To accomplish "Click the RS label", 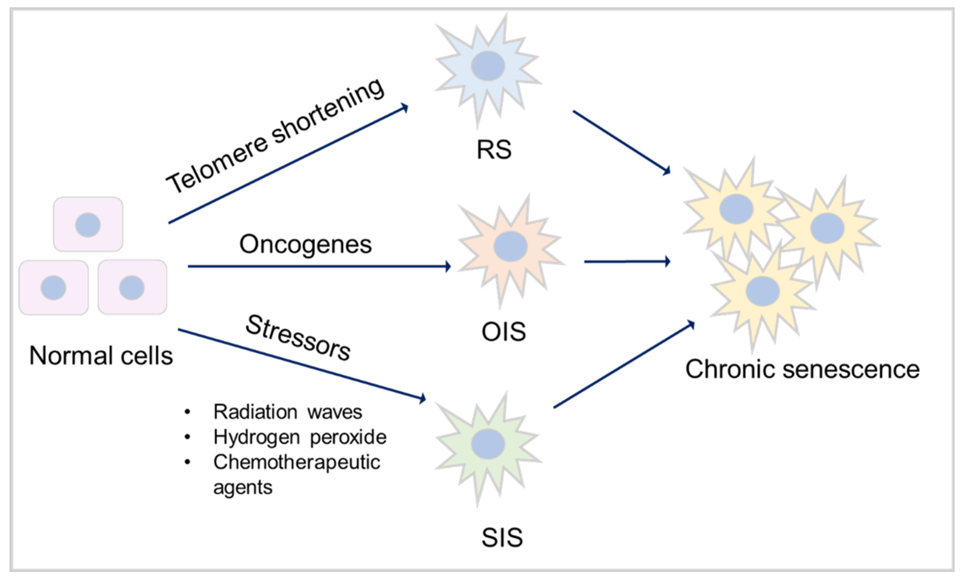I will [x=494, y=149].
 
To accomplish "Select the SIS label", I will [x=502, y=538].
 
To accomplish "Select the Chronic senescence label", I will [x=802, y=369].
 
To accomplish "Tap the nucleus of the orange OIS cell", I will [x=510, y=246].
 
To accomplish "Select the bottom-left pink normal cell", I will [x=54, y=288].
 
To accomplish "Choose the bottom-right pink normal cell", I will [x=132, y=287].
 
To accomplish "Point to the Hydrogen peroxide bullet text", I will [x=300, y=437].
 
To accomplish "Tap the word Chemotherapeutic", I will [x=296, y=462].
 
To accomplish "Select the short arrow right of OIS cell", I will [x=627, y=262].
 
